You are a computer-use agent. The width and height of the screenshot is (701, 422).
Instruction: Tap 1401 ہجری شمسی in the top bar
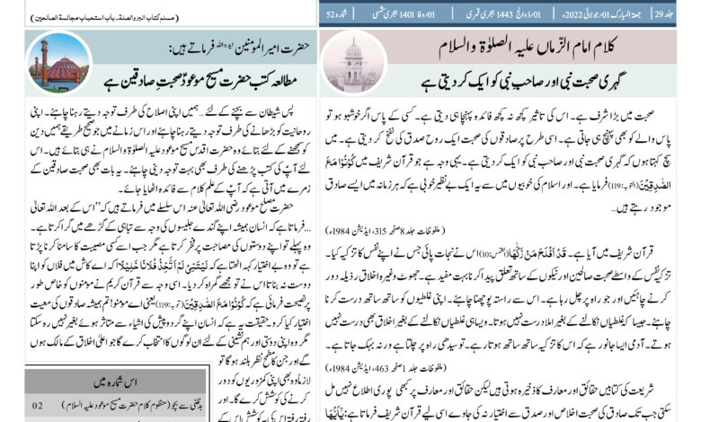click(402, 13)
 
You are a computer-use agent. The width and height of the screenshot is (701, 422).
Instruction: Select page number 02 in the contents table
click(38, 405)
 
